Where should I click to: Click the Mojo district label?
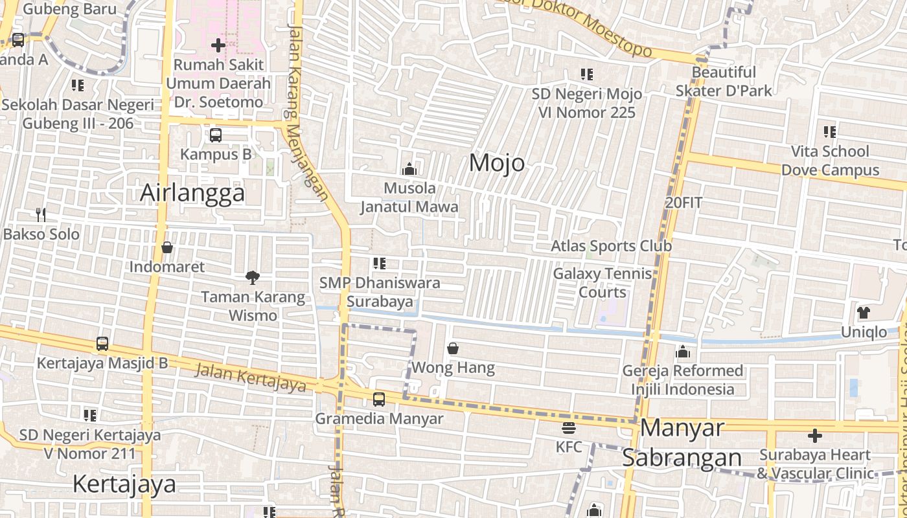[x=497, y=163]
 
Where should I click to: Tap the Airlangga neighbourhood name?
[x=192, y=193]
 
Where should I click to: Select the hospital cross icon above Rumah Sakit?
[x=218, y=45]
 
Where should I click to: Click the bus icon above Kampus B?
[x=216, y=135]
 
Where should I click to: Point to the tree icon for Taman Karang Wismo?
[x=253, y=278]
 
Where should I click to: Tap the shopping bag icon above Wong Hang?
[x=453, y=348]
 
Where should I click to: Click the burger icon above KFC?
[x=569, y=427]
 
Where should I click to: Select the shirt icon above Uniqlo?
[x=863, y=313]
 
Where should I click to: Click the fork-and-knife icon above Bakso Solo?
[x=41, y=214]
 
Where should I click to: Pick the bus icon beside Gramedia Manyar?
[x=379, y=400]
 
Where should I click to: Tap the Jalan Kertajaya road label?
[x=250, y=377]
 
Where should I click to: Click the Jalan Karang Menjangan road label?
[x=306, y=110]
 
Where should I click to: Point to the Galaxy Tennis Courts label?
[x=603, y=282]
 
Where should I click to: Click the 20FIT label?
[x=683, y=202]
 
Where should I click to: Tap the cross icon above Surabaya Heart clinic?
[x=815, y=435]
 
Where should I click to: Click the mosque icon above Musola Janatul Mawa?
[x=409, y=169]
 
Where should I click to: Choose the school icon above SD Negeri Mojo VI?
[x=586, y=74]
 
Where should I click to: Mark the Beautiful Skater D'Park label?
[x=724, y=81]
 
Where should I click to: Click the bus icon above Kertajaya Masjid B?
[x=102, y=343]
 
